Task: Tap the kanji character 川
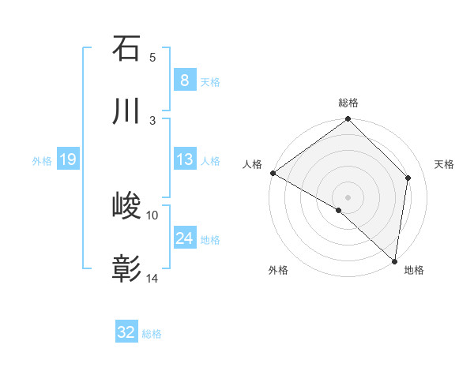126,111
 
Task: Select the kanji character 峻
126,207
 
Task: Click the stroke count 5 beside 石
152,57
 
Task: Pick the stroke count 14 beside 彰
152,278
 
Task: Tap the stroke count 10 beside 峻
152,215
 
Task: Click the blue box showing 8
184,80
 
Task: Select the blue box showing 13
184,159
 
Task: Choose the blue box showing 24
184,238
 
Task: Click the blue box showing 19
68,159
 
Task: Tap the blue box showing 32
126,332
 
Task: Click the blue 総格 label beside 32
152,334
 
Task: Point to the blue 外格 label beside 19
42,161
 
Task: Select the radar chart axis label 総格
348,103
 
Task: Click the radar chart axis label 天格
445,164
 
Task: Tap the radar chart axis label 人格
252,164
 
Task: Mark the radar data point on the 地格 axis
395,261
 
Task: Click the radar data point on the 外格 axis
339,210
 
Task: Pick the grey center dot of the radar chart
348,197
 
